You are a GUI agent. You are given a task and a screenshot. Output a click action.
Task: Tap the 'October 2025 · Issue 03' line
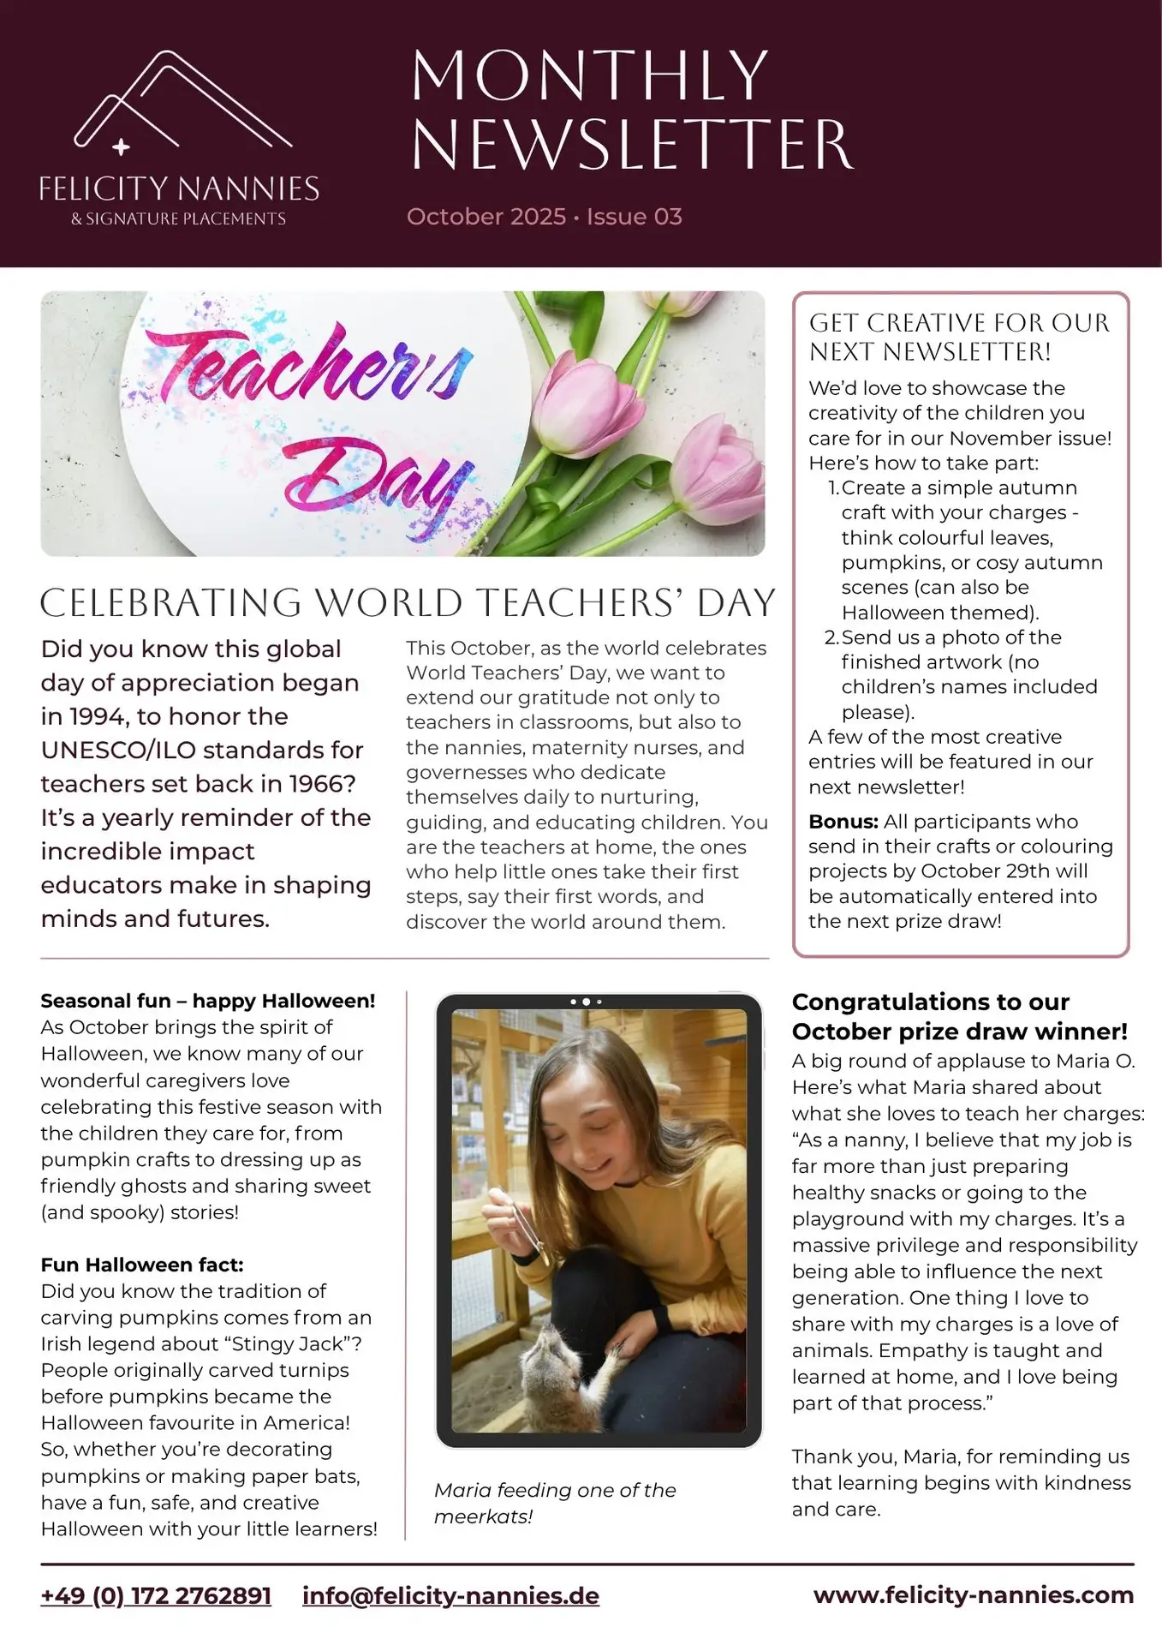[544, 217]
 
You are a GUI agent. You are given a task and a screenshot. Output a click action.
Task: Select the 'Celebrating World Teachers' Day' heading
[408, 603]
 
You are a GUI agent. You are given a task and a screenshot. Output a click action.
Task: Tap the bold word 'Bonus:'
[843, 822]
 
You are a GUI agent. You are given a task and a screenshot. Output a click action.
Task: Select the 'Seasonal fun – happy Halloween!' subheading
[208, 1001]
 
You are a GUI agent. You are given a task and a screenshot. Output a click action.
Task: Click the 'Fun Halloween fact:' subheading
[142, 1265]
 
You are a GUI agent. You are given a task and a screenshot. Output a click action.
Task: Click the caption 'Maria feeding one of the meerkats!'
[555, 1503]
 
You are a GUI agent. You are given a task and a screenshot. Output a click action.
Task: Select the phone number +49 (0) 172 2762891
[156, 1595]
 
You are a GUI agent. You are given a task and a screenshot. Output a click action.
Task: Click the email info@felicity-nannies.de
[450, 1595]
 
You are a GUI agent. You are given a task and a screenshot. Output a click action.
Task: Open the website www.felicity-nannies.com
[974, 1594]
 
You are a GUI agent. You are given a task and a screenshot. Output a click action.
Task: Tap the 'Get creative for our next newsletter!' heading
[959, 337]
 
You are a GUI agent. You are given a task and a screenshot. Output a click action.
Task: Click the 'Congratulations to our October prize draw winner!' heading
[959, 1016]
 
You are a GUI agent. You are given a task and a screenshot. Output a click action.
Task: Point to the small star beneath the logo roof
[121, 147]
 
